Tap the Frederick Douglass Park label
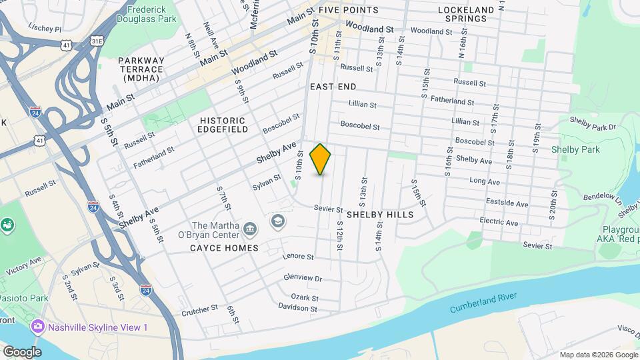pos(147,14)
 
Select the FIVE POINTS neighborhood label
pos(348,10)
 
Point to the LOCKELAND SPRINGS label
pos(467,14)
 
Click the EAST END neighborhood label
pos(333,87)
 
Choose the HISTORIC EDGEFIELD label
pos(223,125)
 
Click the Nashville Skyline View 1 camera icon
pos(37,327)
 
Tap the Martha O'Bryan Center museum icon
pos(250,230)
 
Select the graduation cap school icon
pos(276,220)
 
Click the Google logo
pos(21,351)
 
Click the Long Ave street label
pos(484,181)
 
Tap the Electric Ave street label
pos(498,222)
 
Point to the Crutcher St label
pos(199,309)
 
